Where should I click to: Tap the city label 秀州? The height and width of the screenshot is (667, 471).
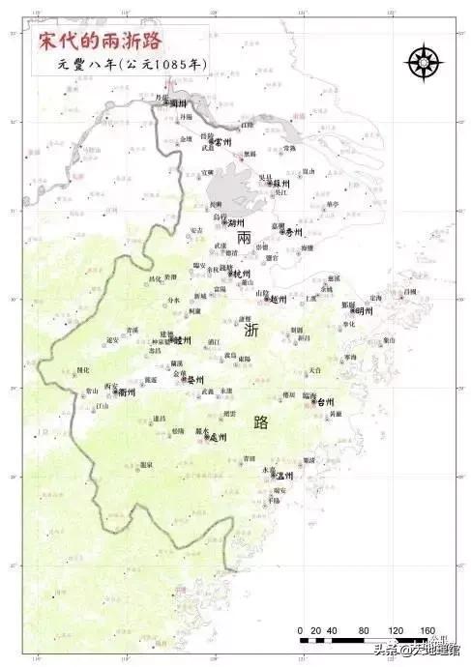(x=293, y=233)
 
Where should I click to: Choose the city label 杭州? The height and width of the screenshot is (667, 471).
(x=243, y=275)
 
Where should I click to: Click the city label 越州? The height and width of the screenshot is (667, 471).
(x=279, y=300)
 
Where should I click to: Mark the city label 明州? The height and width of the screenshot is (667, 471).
(x=363, y=311)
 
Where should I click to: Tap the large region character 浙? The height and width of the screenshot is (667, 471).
(x=251, y=331)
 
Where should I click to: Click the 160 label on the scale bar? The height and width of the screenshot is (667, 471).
(x=427, y=630)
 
